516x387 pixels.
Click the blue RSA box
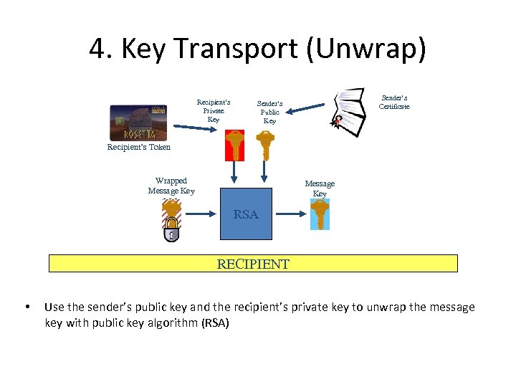coord(246,213)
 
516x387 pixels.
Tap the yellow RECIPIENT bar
coord(253,264)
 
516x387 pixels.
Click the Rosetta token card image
coord(138,123)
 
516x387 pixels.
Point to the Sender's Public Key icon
coord(266,145)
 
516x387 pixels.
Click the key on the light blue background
coord(320,214)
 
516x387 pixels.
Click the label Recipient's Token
coord(139,147)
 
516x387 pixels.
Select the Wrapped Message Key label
coord(171,186)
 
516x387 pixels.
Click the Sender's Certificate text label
coord(394,102)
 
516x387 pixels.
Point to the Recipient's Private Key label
coord(214,110)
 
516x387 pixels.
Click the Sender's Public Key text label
coord(269,112)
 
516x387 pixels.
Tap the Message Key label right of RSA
coord(320,188)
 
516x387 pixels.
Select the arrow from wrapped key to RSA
coord(201,212)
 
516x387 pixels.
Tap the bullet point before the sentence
coord(27,307)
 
